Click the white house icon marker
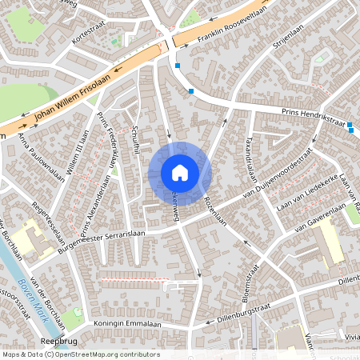click(x=180, y=172)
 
